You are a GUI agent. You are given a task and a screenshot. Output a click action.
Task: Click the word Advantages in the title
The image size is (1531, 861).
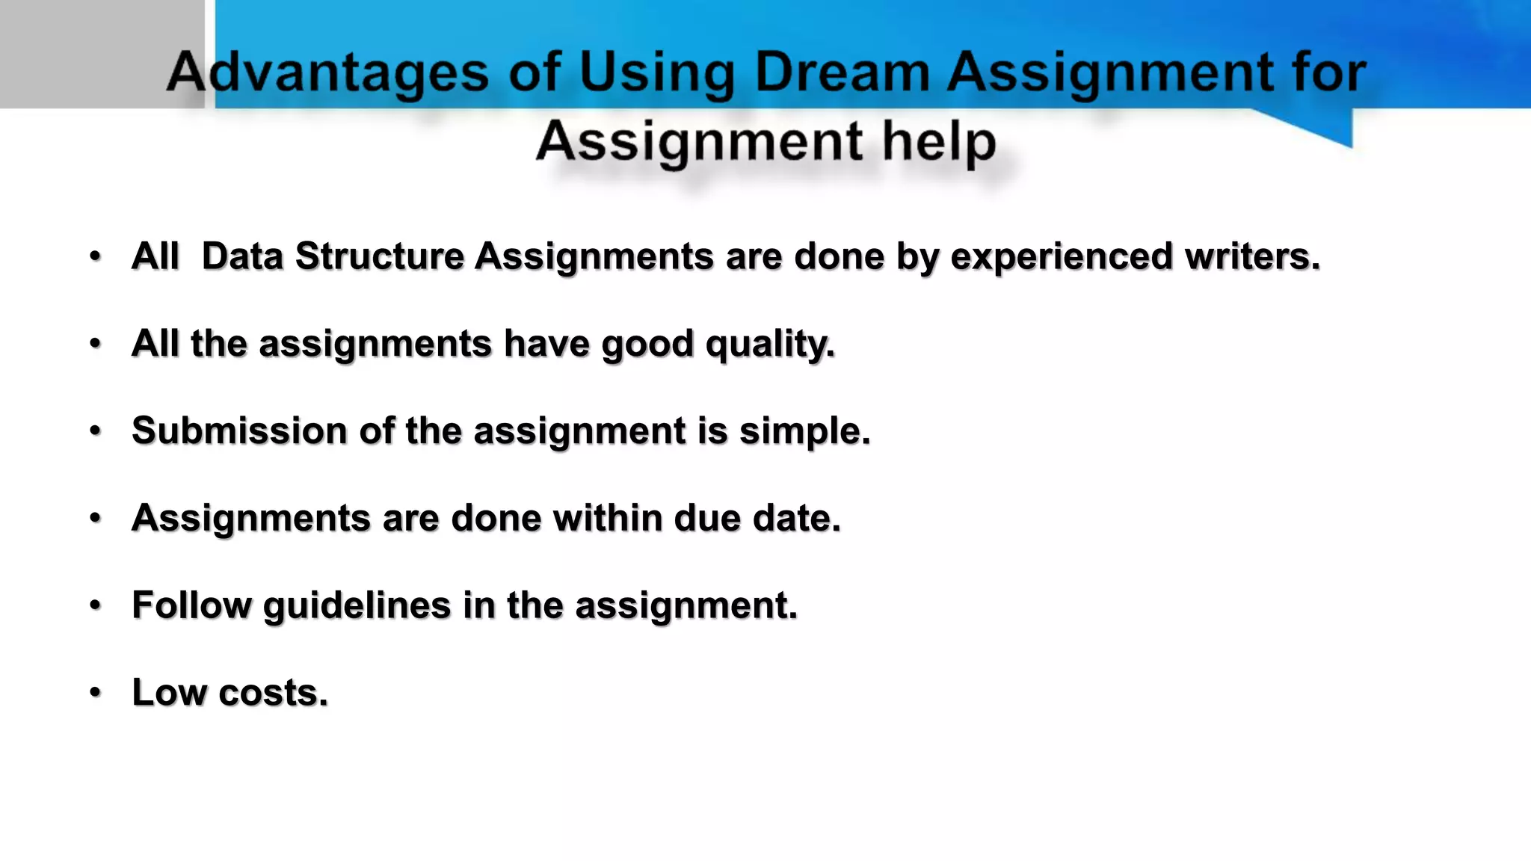327,72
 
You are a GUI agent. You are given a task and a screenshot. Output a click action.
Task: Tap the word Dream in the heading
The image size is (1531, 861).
842,72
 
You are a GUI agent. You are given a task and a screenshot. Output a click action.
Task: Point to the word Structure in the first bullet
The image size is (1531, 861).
380,256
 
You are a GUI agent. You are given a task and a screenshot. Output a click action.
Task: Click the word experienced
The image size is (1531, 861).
1062,256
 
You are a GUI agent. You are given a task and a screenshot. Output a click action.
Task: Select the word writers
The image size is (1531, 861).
1252,256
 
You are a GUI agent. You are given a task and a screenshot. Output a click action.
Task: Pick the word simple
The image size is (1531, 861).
805,431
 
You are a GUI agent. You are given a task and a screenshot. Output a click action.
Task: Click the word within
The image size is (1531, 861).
607,518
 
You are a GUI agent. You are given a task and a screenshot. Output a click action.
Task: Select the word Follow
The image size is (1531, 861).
192,605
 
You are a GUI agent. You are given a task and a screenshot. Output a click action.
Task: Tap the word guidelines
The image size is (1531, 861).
357,605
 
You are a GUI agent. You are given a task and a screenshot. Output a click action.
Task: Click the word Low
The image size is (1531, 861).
169,692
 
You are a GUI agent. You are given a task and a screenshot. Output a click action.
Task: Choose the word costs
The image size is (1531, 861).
273,692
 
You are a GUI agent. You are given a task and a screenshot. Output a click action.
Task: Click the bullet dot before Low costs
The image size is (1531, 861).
95,692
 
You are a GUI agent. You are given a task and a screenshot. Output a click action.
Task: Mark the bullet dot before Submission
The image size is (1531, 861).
95,430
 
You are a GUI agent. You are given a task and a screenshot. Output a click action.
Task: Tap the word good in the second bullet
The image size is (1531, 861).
647,344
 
